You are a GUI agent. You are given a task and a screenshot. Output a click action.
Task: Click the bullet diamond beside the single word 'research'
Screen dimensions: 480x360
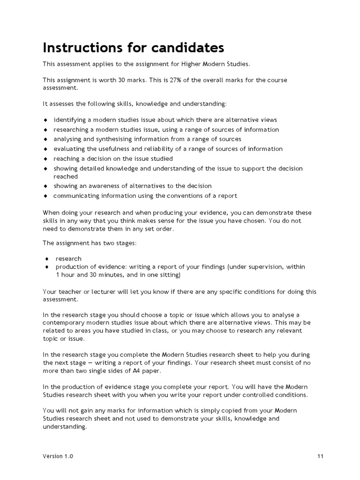pos(47,259)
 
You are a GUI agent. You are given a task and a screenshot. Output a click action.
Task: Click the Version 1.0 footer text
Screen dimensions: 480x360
pos(58,456)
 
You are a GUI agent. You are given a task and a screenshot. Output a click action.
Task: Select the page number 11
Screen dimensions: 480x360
pos(320,456)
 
